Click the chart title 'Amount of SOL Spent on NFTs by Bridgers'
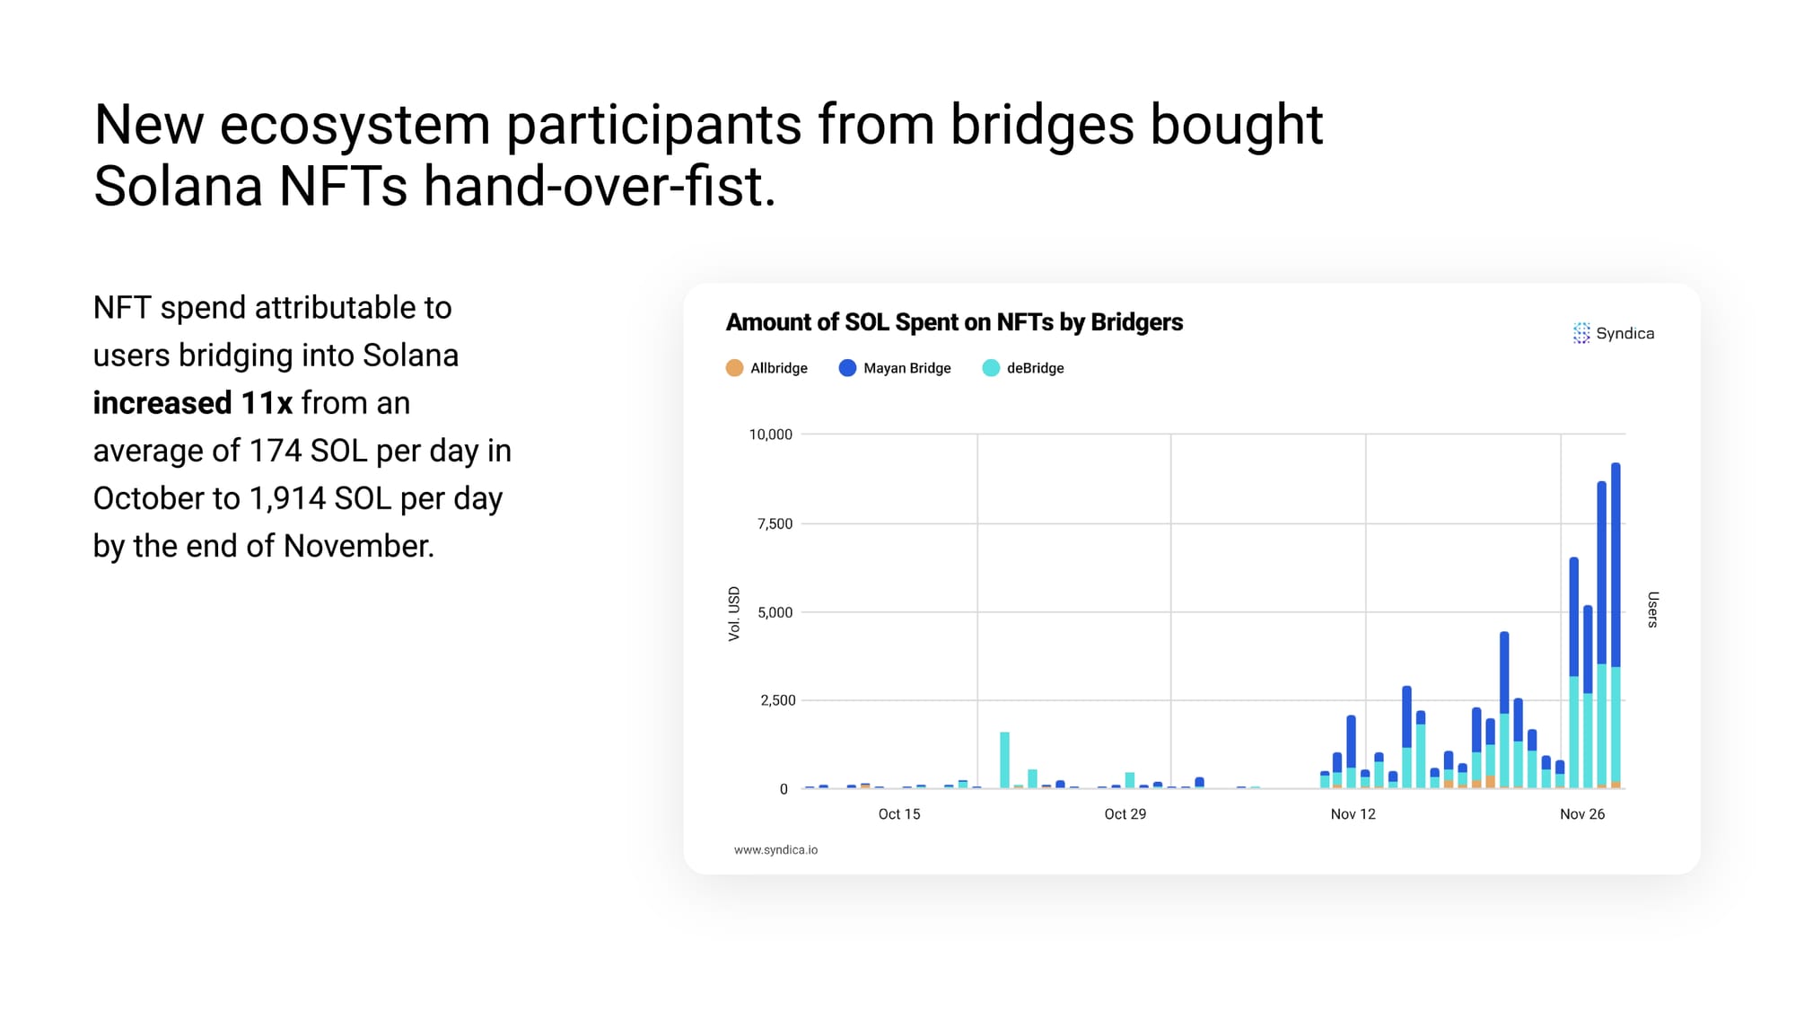(x=954, y=322)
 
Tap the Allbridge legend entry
(x=766, y=368)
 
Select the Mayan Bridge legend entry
(x=895, y=368)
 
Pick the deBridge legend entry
(x=1023, y=368)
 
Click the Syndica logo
(x=1614, y=333)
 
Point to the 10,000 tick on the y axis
(x=771, y=435)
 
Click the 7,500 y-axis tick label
(x=775, y=523)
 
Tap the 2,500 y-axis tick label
(x=778, y=700)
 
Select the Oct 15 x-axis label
(x=899, y=814)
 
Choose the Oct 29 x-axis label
(x=1125, y=814)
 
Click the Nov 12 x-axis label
(x=1353, y=814)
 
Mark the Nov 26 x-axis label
(x=1582, y=814)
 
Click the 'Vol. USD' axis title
(x=734, y=614)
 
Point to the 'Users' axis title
(x=1653, y=610)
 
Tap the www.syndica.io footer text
(x=776, y=850)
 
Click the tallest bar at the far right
(x=1616, y=626)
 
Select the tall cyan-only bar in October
(x=1005, y=760)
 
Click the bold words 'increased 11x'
(x=193, y=403)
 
